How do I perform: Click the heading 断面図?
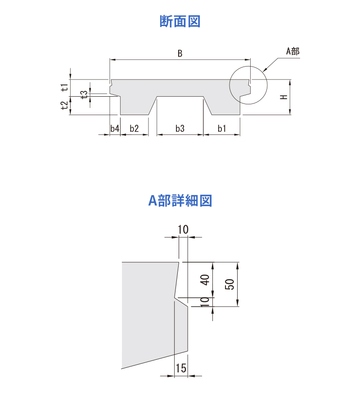(180, 21)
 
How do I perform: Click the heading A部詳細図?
(180, 201)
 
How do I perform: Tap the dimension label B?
(180, 54)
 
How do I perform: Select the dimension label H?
(284, 97)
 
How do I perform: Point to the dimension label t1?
(64, 88)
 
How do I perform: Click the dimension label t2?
(64, 105)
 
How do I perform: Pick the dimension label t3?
(85, 94)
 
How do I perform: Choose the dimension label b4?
(115, 129)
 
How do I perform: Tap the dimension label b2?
(134, 129)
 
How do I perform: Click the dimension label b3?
(180, 129)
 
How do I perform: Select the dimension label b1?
(222, 129)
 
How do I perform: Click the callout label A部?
(293, 51)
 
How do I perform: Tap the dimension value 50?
(229, 284)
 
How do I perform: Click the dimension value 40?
(205, 280)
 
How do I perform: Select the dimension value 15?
(181, 368)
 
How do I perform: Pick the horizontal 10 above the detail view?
(183, 230)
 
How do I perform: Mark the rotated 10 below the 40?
(205, 302)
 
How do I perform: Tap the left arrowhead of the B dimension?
(112, 60)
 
